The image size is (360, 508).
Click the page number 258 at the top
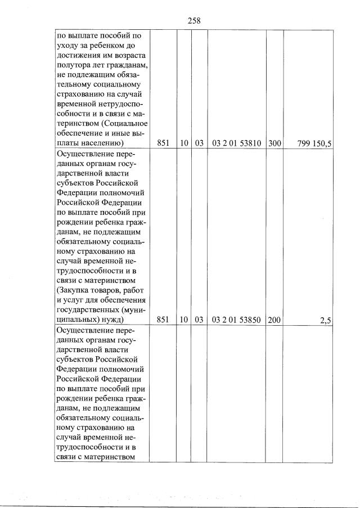193,20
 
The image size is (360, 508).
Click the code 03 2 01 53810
236,143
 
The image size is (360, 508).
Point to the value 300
274,143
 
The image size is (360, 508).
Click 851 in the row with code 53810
163,143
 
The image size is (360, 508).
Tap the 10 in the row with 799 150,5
184,143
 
